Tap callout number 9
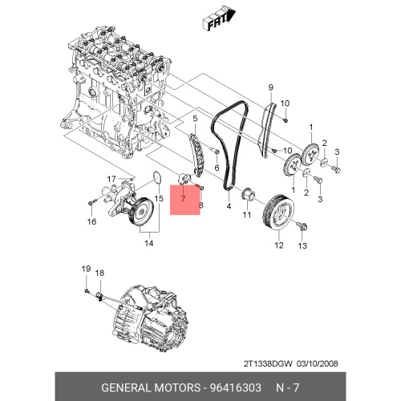pyautogui.click(x=270, y=87)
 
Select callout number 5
pyautogui.click(x=195, y=119)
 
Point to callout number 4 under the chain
pyautogui.click(x=229, y=206)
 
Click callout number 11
pyautogui.click(x=247, y=214)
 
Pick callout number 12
pyautogui.click(x=279, y=245)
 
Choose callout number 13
pyautogui.click(x=302, y=245)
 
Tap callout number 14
pyautogui.click(x=149, y=243)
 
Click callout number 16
pyautogui.click(x=91, y=221)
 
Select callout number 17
pyautogui.click(x=111, y=179)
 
